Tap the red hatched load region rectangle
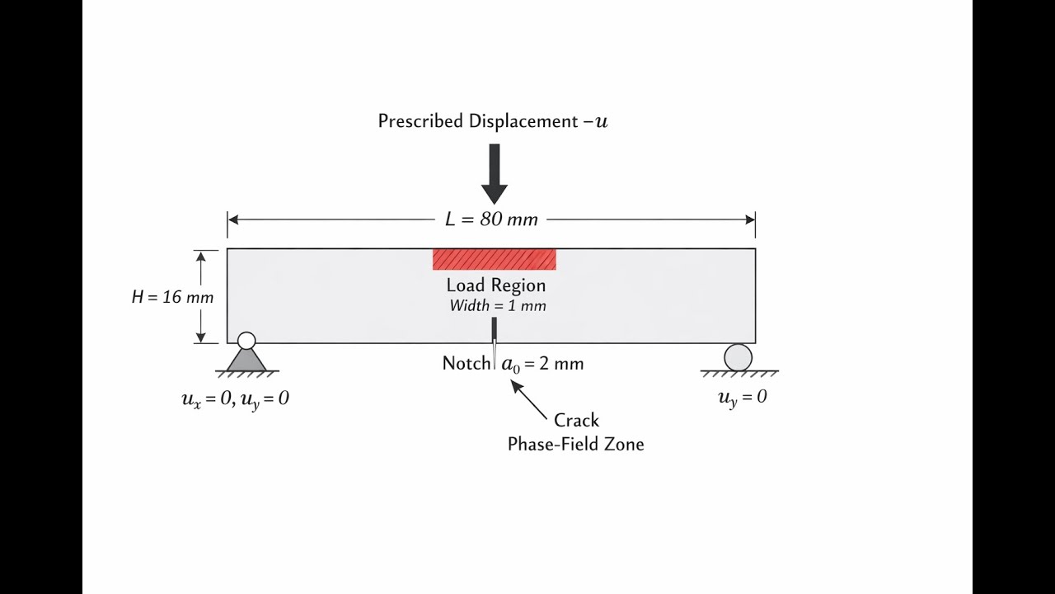coord(494,259)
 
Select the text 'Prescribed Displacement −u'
coord(493,121)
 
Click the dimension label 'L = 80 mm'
coord(491,219)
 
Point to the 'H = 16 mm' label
coord(172,297)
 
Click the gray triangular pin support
coord(246,360)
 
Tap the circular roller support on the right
coord(738,357)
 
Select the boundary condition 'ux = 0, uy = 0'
coord(235,399)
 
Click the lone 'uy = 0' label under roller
coord(742,397)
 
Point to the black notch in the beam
coord(494,331)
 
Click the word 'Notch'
coord(466,363)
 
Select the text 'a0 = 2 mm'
coord(542,364)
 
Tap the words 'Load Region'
coord(495,285)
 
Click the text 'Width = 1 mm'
coord(497,306)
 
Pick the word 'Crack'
coord(576,420)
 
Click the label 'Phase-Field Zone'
coord(575,444)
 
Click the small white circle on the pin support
coord(246,341)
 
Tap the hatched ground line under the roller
coord(738,374)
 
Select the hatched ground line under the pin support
coord(246,374)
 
